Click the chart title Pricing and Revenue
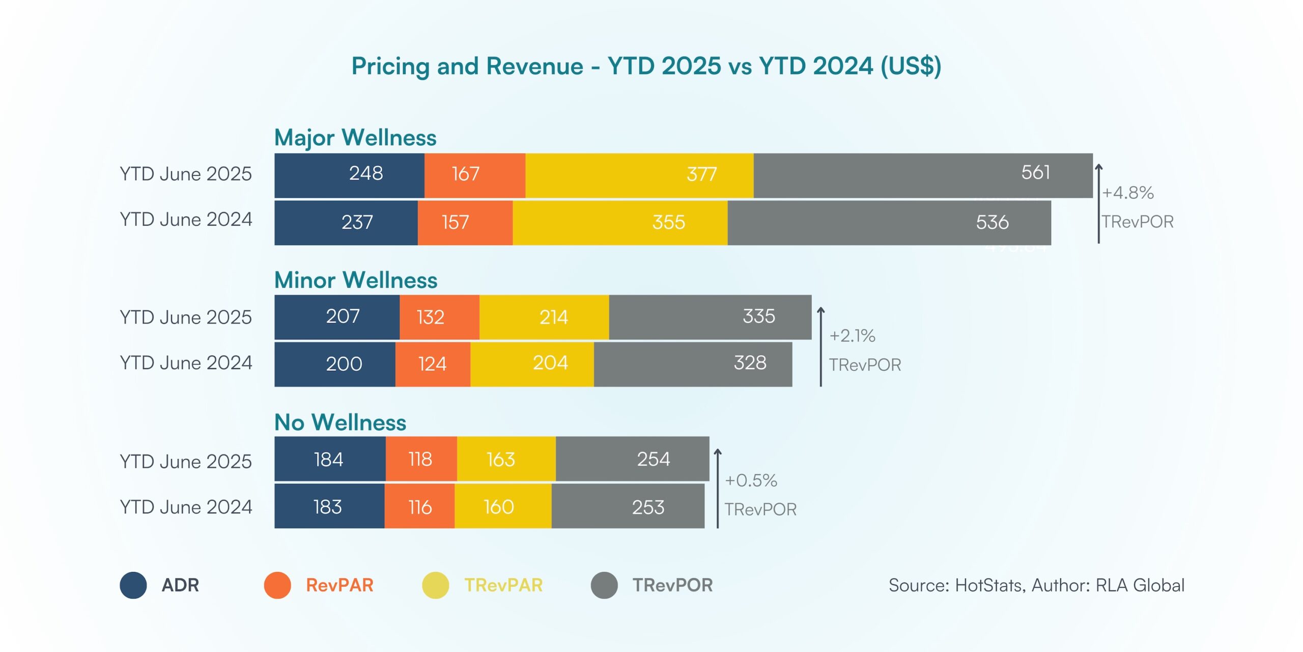646,66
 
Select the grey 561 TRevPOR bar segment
922,175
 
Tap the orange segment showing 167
474,175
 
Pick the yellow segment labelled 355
619,223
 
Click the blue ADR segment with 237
346,223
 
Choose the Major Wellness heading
355,138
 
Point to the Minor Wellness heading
355,280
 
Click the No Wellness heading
340,422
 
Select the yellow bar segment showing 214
544,317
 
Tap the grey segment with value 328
692,364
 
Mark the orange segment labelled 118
421,459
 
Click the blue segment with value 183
329,506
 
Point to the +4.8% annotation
1127,193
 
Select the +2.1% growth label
852,336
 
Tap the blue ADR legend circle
133,585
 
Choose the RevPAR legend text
339,585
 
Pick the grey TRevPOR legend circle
604,585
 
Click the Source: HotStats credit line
1036,585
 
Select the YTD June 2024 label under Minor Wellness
186,363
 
